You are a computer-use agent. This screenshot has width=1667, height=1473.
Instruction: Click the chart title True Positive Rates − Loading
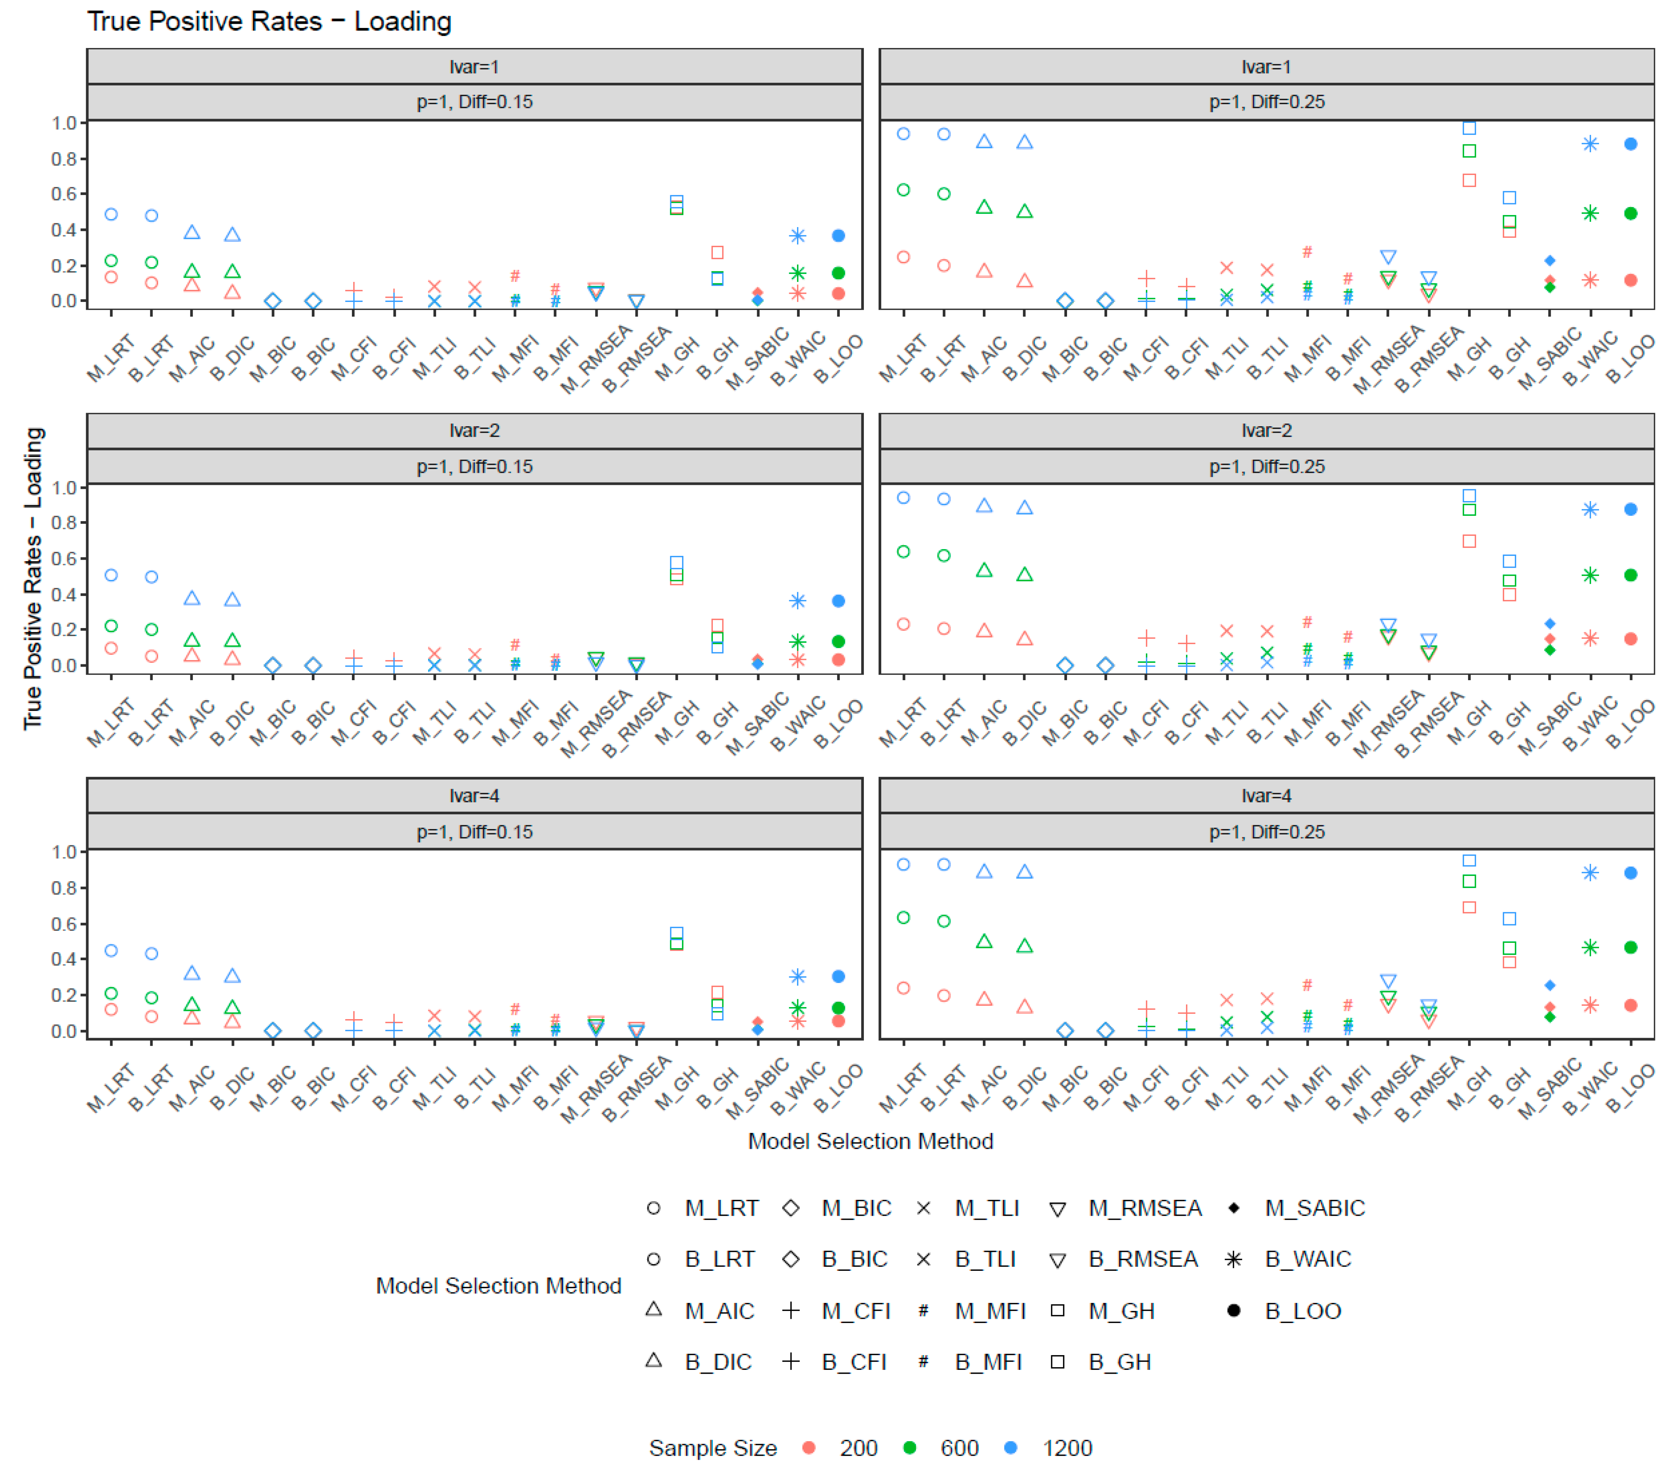point(269,21)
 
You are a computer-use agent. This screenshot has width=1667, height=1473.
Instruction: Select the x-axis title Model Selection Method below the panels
point(870,1141)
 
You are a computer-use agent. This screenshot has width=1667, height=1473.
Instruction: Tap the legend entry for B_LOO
point(1302,1311)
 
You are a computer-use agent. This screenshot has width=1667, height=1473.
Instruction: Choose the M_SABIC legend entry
point(1314,1208)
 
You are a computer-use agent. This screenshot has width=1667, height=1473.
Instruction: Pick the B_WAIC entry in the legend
point(1307,1259)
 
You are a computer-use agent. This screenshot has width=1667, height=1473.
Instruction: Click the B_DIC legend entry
point(718,1362)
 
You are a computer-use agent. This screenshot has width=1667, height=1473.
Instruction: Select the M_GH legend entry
point(1121,1311)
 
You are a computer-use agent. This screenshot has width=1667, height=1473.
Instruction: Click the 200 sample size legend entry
point(858,1448)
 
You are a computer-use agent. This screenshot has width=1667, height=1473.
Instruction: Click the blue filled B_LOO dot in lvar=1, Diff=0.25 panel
point(1630,144)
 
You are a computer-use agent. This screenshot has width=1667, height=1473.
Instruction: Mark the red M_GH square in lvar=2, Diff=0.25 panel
point(1469,541)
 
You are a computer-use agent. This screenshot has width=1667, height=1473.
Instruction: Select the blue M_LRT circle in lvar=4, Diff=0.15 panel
point(111,951)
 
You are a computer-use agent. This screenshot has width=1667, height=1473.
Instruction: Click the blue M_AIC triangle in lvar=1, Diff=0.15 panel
point(192,232)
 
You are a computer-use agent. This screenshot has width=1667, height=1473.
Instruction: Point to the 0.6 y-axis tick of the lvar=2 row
point(63,559)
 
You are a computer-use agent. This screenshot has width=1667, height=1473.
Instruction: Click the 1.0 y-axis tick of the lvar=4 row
point(63,852)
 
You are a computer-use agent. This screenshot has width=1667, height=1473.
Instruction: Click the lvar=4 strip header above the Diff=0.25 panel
point(1266,796)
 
